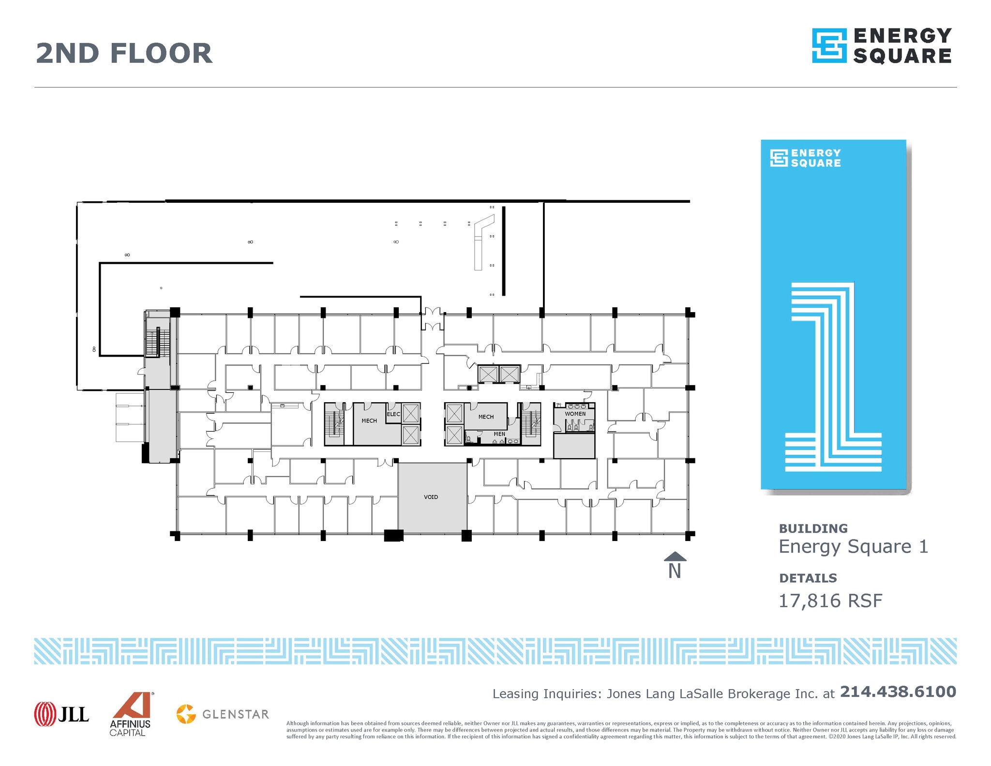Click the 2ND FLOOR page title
[x=124, y=53]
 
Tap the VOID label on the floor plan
[x=431, y=497]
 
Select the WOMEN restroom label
[x=575, y=414]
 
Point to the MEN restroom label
[x=499, y=434]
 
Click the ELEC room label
[x=393, y=414]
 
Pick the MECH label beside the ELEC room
[x=369, y=421]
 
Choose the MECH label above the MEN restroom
[x=486, y=417]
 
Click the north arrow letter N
[x=675, y=571]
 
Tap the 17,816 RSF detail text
[x=830, y=601]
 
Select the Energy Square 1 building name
[x=853, y=547]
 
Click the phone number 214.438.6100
[x=898, y=691]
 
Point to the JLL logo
[x=61, y=714]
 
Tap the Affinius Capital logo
[x=130, y=714]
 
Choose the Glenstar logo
[x=223, y=714]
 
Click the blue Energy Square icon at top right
[x=829, y=46]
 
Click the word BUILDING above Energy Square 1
[x=813, y=528]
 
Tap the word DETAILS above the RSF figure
[x=808, y=578]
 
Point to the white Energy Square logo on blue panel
[x=806, y=158]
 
